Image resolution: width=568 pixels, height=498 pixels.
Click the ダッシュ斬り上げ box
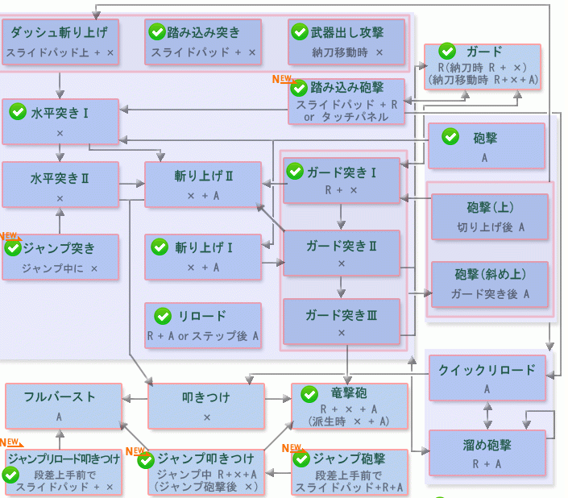[x=60, y=43]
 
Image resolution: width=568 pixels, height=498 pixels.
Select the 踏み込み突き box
[x=204, y=43]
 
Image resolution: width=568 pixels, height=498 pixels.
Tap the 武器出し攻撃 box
[x=347, y=43]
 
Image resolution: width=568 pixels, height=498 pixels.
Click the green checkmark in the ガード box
[x=447, y=52]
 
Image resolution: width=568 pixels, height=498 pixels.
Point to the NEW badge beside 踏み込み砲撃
[x=281, y=79]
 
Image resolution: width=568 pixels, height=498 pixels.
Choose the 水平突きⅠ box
[x=60, y=122]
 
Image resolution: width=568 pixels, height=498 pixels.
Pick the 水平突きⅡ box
[x=60, y=185]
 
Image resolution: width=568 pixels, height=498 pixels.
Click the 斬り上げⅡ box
[x=203, y=185]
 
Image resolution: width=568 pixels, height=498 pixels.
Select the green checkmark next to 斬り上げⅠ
[x=162, y=246]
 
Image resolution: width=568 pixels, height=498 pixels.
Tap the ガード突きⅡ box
[x=342, y=253]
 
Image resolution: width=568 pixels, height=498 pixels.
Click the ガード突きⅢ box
[x=342, y=322]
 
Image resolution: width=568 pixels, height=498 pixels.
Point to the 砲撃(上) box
[x=490, y=217]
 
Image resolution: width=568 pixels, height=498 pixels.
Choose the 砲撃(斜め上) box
[x=490, y=284]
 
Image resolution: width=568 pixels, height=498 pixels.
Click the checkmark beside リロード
[x=162, y=316]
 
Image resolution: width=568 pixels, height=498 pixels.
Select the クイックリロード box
[x=487, y=377]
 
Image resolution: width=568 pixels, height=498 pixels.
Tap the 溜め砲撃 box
[x=487, y=453]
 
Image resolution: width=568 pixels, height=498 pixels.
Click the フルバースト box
[x=60, y=405]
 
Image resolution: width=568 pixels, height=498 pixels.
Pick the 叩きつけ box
[x=207, y=405]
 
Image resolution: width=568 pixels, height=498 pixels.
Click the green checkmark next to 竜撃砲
[x=309, y=394]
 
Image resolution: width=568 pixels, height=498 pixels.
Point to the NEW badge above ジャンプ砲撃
[x=291, y=448]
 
